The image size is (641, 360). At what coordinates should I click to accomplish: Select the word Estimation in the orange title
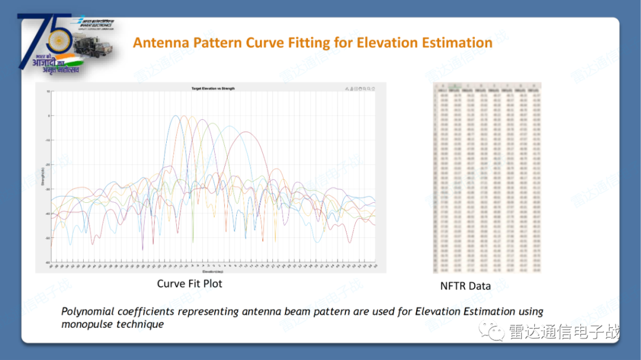pyautogui.click(x=456, y=43)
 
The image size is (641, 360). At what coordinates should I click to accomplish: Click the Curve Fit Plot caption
pyautogui.click(x=189, y=283)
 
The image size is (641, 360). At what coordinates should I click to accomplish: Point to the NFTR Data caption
pyautogui.click(x=465, y=286)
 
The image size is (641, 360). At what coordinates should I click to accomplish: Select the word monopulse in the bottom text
pyautogui.click(x=85, y=324)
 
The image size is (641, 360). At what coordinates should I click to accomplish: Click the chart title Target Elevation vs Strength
pyautogui.click(x=212, y=88)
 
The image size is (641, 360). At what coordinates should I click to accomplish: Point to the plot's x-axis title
pyautogui.click(x=212, y=270)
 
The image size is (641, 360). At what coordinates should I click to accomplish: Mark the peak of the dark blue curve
pyautogui.click(x=176, y=116)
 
